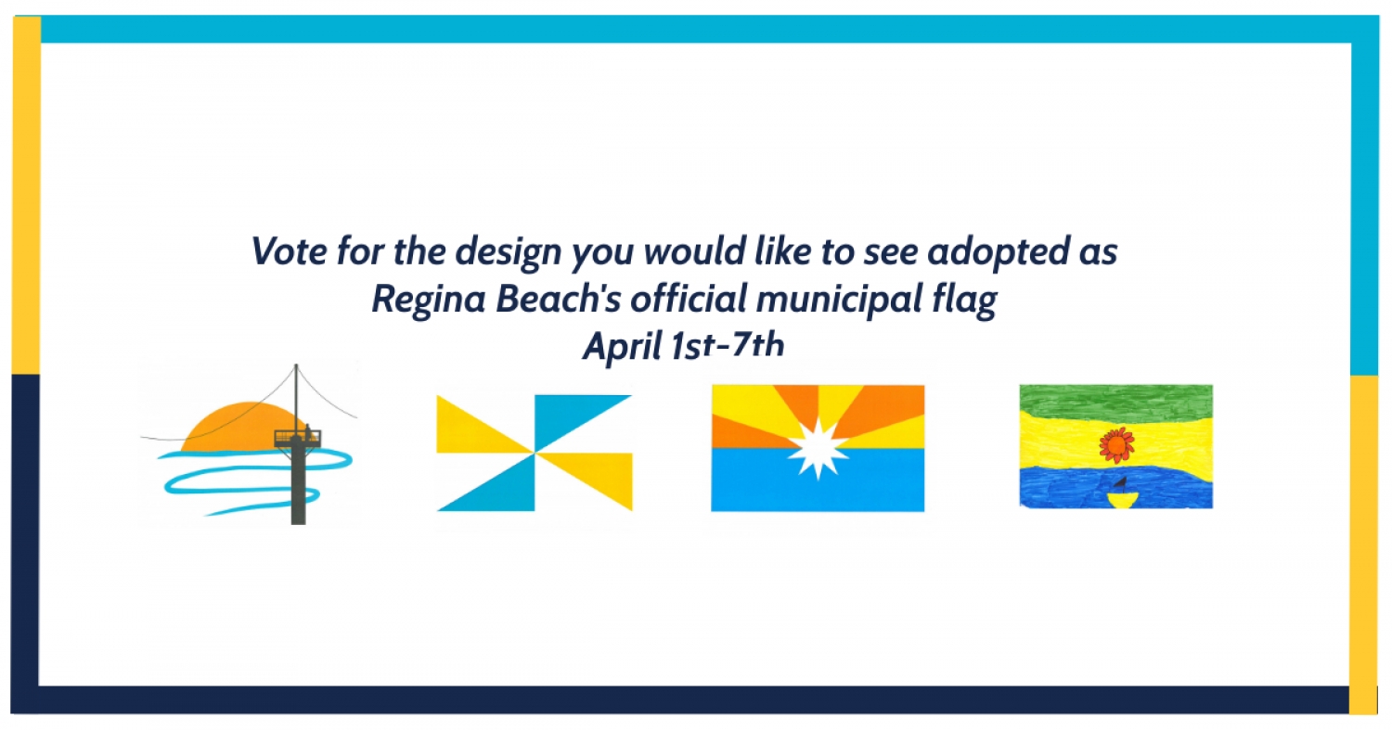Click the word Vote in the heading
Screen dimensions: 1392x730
click(x=289, y=251)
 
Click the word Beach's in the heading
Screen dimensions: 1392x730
click(x=558, y=298)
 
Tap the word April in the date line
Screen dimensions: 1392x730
click(x=623, y=347)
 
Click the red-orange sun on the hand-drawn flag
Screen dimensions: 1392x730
click(x=1116, y=445)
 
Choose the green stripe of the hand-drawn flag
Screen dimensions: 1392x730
click(x=1116, y=402)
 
